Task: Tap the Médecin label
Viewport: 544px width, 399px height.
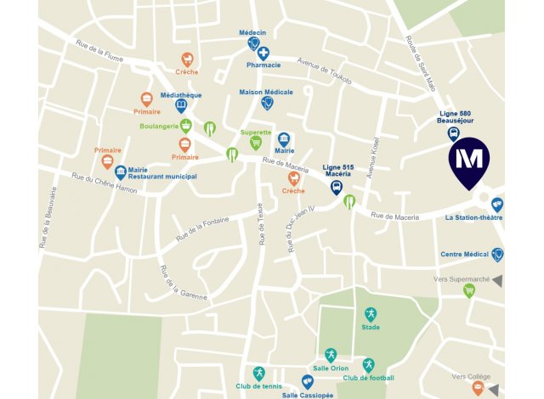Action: tap(252, 32)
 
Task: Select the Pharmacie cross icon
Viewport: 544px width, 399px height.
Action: tap(263, 53)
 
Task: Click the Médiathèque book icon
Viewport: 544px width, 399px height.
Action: tap(181, 106)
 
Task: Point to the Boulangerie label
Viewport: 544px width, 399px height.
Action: tap(158, 126)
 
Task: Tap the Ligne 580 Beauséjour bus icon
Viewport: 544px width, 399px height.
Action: tap(454, 133)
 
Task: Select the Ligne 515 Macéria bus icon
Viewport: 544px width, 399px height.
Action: tap(337, 188)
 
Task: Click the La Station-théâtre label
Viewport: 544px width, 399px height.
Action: tap(473, 217)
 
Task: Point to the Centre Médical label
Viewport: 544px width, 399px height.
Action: tap(464, 254)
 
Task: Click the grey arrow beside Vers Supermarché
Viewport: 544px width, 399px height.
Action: tap(496, 280)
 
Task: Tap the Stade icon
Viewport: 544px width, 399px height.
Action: tap(371, 314)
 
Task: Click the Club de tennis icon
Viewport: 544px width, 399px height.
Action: tap(259, 373)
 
